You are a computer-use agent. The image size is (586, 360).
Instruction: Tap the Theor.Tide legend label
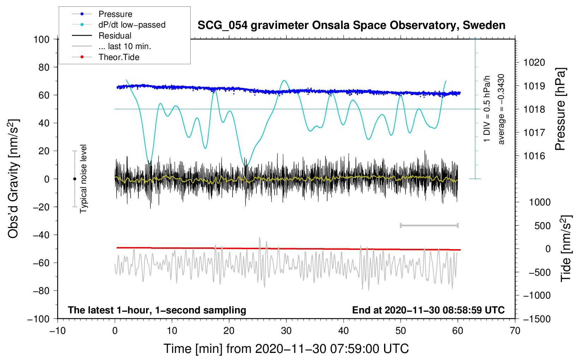pos(119,57)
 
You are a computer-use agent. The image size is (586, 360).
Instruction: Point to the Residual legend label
pos(115,36)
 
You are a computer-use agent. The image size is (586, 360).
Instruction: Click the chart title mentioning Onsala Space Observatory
pos(351,25)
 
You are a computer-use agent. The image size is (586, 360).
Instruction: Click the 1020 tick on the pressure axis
pos(534,62)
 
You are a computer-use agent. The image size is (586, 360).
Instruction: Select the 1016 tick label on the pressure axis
pos(534,156)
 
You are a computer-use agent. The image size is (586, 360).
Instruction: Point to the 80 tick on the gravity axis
pos(44,67)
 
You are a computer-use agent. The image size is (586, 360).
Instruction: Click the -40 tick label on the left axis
pos(41,235)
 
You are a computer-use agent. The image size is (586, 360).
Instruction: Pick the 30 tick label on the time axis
pos(286,331)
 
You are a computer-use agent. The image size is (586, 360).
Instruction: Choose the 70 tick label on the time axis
pos(515,331)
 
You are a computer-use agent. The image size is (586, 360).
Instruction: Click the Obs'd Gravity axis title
pos(13,179)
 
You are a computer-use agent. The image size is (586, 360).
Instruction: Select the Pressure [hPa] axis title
pos(560,109)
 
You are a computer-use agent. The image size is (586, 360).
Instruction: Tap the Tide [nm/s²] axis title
pos(566,248)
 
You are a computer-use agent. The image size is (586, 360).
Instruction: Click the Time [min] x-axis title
pos(286,349)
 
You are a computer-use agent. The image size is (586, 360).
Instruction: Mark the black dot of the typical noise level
pos(74,179)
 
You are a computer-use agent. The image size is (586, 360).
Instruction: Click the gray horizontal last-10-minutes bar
pos(429,225)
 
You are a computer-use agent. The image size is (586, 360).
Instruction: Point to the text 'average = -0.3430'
pos(501,109)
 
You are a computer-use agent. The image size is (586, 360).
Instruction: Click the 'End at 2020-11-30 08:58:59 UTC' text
pos(428,310)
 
